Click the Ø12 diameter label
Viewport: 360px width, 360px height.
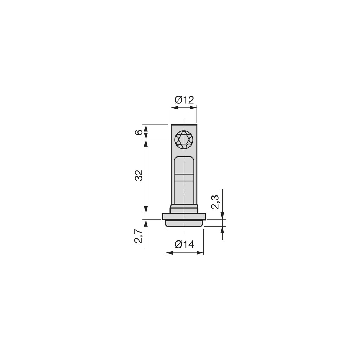184,100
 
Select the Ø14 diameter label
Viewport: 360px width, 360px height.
184,244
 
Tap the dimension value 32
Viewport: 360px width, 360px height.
139,175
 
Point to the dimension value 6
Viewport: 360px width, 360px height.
139,132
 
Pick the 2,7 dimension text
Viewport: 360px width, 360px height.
139,236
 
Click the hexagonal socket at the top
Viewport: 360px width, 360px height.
184,140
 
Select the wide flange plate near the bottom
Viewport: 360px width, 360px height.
184,216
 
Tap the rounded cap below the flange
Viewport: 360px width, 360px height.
184,223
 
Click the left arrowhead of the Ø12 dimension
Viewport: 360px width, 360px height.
173,107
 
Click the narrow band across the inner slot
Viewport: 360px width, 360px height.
184,177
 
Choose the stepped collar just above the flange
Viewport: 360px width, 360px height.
184,208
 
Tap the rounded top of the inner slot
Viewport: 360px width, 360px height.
184,159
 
